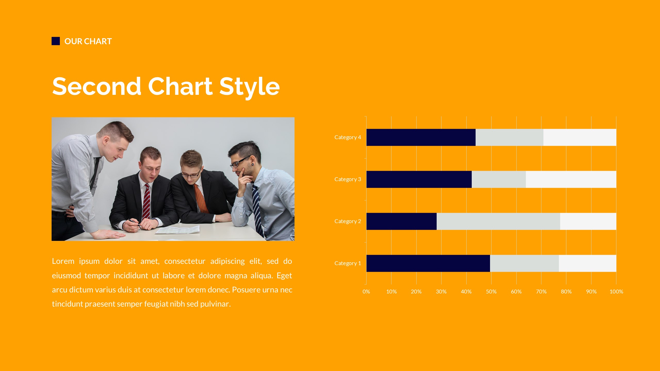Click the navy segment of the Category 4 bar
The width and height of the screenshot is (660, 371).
click(x=421, y=137)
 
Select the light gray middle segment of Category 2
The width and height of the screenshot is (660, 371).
click(x=498, y=221)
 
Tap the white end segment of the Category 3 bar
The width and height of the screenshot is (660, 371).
click(x=571, y=179)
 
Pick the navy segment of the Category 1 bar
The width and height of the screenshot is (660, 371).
click(x=428, y=263)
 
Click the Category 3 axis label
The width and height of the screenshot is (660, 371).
click(x=347, y=179)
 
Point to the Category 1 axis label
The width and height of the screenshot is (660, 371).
click(x=347, y=263)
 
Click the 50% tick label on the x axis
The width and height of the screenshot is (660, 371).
click(x=491, y=292)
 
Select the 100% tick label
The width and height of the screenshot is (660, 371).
click(x=616, y=292)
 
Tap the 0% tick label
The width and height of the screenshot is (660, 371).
click(x=366, y=292)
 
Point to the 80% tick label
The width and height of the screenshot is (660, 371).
click(x=566, y=292)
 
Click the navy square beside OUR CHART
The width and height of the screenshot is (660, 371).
click(x=56, y=41)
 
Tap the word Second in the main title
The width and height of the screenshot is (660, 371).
click(x=96, y=87)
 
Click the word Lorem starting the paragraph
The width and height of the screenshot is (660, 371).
click(x=63, y=261)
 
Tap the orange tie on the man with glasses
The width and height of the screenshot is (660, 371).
click(x=201, y=198)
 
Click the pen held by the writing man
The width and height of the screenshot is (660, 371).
click(x=135, y=223)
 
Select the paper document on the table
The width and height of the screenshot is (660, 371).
click(x=178, y=230)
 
